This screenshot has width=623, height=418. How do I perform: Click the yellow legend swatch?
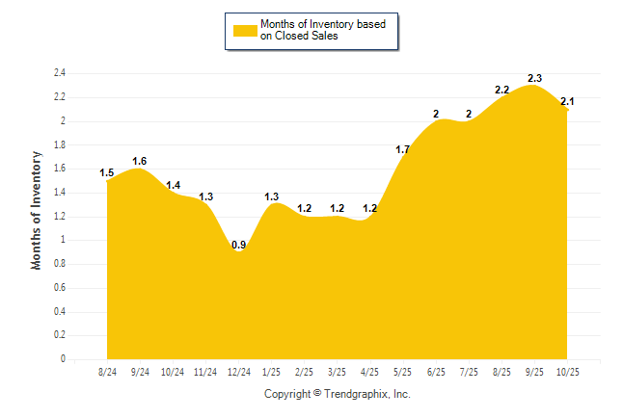[245, 31]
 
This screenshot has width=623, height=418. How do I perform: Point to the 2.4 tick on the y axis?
[60, 73]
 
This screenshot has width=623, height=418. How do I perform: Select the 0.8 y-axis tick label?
[60, 264]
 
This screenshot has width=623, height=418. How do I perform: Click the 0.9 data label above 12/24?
[238, 245]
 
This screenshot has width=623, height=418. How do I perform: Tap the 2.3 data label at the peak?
[534, 78]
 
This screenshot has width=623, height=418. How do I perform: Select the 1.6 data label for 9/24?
[140, 161]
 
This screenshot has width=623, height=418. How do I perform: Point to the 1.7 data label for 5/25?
[402, 149]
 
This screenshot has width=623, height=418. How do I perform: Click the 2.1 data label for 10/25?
[567, 101]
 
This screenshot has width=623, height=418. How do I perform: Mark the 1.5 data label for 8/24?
[107, 172]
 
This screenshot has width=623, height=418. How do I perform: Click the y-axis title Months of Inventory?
[38, 209]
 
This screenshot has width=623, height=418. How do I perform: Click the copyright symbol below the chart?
[317, 394]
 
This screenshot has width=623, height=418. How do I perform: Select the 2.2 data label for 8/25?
[501, 90]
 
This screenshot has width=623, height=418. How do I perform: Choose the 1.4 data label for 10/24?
[173, 185]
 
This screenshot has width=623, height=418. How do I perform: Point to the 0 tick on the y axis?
[63, 359]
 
